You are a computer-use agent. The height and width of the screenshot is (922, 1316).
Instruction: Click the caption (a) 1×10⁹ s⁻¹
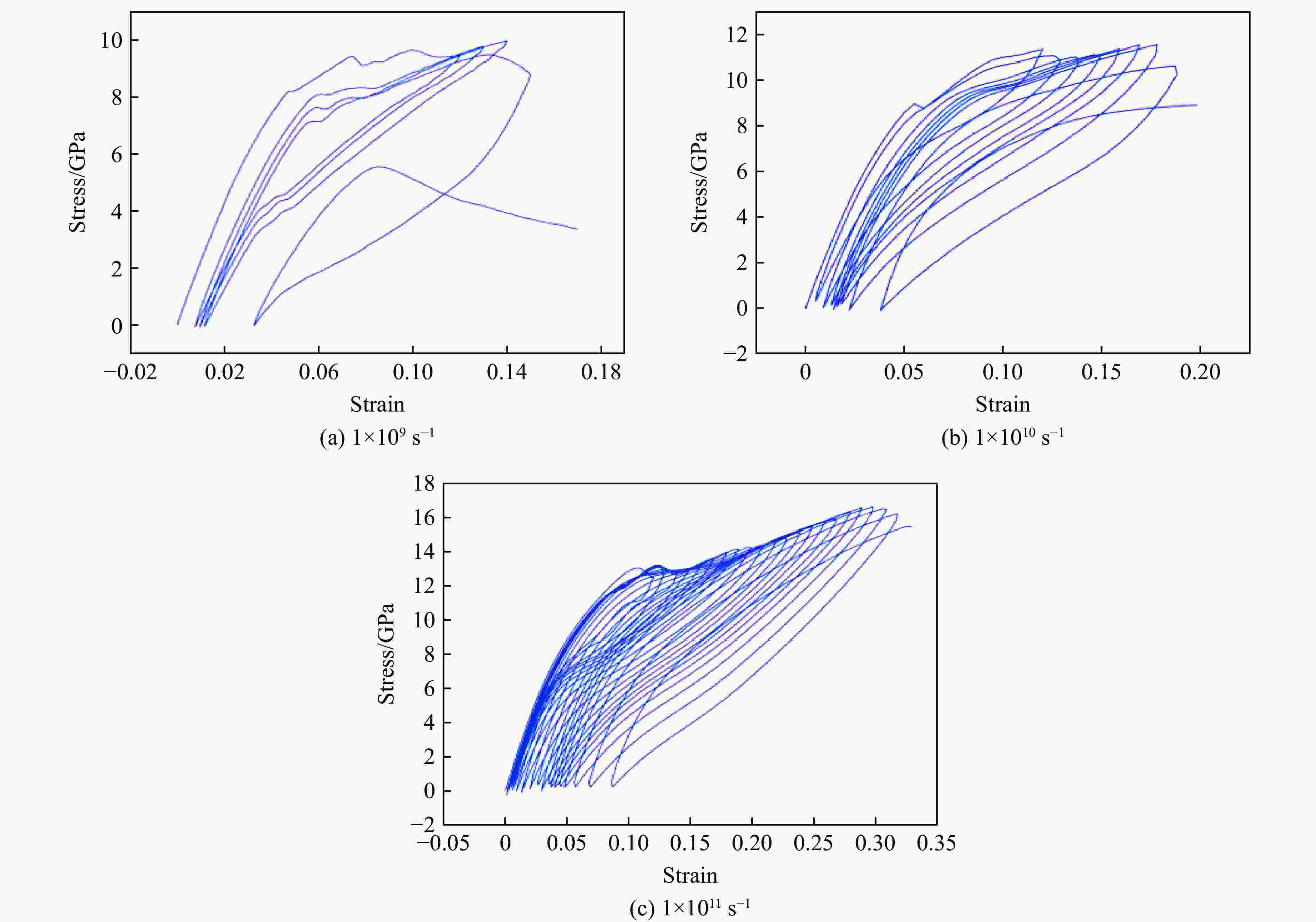click(x=377, y=438)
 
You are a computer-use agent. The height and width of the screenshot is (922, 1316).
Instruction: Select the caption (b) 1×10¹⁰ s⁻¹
click(x=1002, y=438)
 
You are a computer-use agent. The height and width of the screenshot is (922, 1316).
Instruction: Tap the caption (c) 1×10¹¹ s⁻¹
click(x=690, y=908)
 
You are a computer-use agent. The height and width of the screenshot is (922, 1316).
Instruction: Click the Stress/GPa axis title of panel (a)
click(x=77, y=182)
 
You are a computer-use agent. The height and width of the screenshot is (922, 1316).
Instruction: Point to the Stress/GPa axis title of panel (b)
click(x=699, y=182)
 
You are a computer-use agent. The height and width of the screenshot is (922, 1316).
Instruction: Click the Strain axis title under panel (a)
click(x=377, y=405)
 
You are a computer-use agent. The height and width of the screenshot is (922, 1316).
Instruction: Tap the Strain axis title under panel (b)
click(x=1002, y=405)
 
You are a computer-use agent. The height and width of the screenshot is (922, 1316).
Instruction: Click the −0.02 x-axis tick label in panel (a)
click(x=130, y=373)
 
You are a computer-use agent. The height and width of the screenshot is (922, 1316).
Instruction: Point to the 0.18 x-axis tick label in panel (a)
click(x=601, y=373)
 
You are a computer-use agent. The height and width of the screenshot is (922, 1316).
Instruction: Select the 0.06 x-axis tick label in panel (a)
click(x=318, y=373)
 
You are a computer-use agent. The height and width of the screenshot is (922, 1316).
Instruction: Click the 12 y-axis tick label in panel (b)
click(x=737, y=35)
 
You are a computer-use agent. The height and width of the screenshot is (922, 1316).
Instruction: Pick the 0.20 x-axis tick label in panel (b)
click(x=1200, y=373)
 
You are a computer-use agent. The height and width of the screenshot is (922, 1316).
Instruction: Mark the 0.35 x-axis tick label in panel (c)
click(x=936, y=843)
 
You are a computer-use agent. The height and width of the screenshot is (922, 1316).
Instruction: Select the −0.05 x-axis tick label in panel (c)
click(x=443, y=843)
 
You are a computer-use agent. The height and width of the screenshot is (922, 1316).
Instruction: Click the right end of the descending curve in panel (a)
click(x=577, y=229)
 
